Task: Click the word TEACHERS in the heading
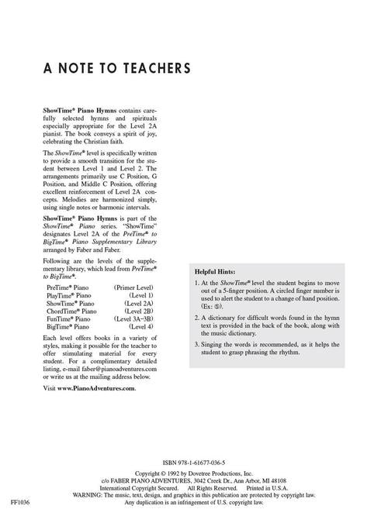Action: (153, 69)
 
